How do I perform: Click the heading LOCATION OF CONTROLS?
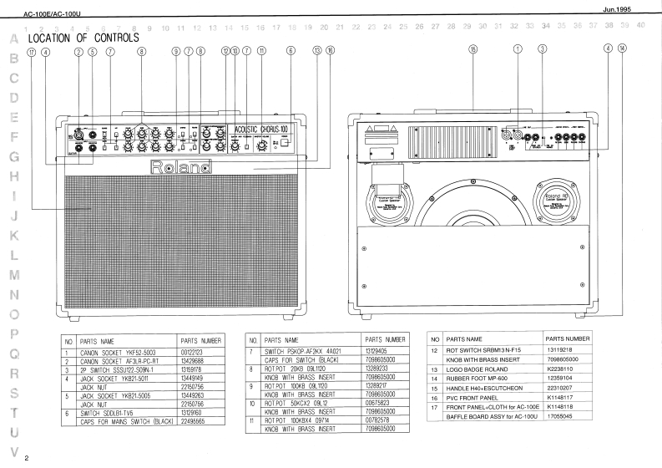[83, 39]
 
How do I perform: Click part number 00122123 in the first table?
[195, 353]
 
